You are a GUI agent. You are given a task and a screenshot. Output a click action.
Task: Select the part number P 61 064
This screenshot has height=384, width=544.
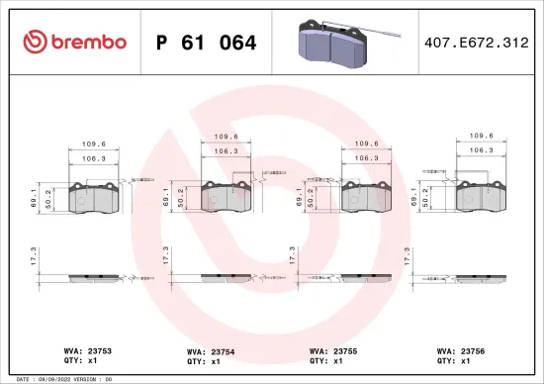[x=207, y=43]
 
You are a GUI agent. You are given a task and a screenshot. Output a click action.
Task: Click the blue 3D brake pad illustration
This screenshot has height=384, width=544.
[x=334, y=42]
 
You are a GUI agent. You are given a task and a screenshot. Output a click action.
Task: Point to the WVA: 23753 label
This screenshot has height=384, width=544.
[x=83, y=348]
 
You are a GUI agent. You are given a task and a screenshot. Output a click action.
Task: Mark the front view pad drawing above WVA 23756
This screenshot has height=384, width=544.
[x=480, y=197]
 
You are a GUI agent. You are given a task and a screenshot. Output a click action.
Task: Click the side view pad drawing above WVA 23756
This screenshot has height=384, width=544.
[x=480, y=278]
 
